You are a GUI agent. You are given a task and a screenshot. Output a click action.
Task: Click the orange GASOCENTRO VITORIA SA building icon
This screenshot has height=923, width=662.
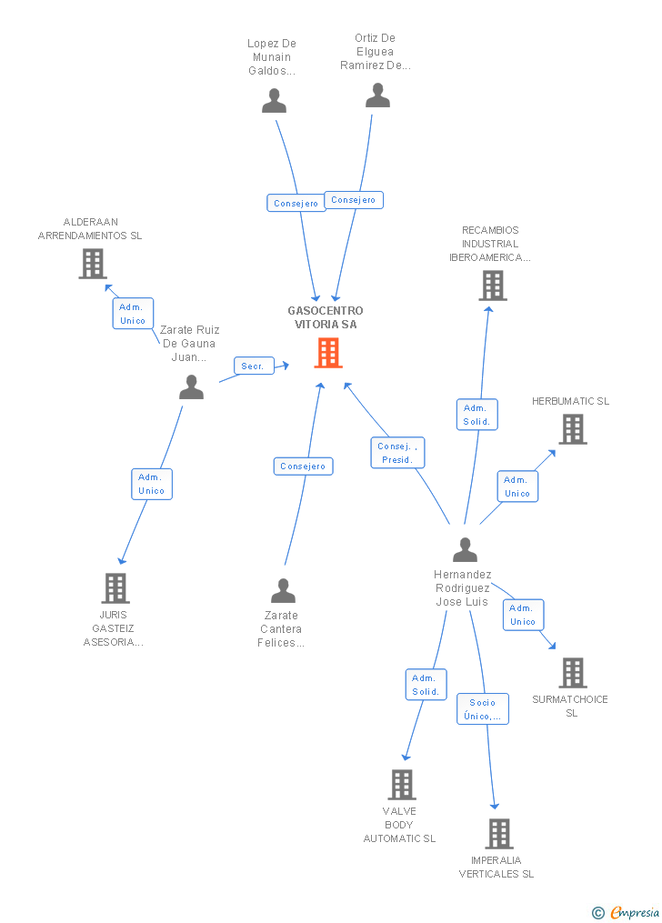(x=328, y=353)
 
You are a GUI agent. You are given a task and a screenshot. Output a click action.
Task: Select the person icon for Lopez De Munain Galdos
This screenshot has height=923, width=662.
(x=275, y=101)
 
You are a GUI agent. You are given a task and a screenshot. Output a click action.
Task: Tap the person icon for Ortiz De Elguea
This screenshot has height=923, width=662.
(x=377, y=95)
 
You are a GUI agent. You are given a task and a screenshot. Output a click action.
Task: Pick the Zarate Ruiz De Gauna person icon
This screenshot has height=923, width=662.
(x=191, y=387)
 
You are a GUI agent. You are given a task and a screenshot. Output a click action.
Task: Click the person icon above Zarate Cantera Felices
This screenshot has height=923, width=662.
(x=283, y=590)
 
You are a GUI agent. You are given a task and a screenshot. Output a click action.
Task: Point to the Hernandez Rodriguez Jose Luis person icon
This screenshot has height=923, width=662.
(x=465, y=550)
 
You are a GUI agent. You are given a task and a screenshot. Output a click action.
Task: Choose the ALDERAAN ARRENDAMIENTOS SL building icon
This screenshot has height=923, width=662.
(x=93, y=263)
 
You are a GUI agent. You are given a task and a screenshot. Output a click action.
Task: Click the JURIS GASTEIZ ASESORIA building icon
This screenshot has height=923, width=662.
(x=115, y=588)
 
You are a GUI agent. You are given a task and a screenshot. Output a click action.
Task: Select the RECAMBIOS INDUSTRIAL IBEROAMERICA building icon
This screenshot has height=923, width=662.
(x=493, y=286)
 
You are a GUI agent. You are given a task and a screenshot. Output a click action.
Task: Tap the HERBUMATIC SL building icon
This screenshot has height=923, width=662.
(x=573, y=428)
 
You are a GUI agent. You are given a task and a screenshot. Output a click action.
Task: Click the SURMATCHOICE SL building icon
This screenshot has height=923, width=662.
(x=573, y=673)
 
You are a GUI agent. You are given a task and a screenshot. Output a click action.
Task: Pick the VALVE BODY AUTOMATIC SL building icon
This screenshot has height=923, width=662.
(x=402, y=785)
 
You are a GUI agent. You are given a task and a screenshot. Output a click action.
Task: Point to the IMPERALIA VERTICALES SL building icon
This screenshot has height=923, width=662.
(x=499, y=834)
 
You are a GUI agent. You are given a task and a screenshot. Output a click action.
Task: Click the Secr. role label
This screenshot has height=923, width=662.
(x=255, y=366)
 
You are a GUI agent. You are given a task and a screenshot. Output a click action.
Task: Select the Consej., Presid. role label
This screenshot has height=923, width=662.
(x=397, y=453)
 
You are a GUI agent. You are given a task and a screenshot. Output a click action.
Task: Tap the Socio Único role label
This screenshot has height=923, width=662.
(x=483, y=708)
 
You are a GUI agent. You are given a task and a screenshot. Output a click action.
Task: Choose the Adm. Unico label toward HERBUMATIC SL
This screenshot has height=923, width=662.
(x=517, y=487)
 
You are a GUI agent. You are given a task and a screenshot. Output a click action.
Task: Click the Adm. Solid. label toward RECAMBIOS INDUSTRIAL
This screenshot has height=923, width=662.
(x=477, y=415)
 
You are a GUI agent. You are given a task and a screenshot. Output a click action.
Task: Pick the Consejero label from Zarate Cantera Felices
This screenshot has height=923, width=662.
(x=303, y=467)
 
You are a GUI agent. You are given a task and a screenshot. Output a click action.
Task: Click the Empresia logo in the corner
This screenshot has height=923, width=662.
(x=626, y=912)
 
